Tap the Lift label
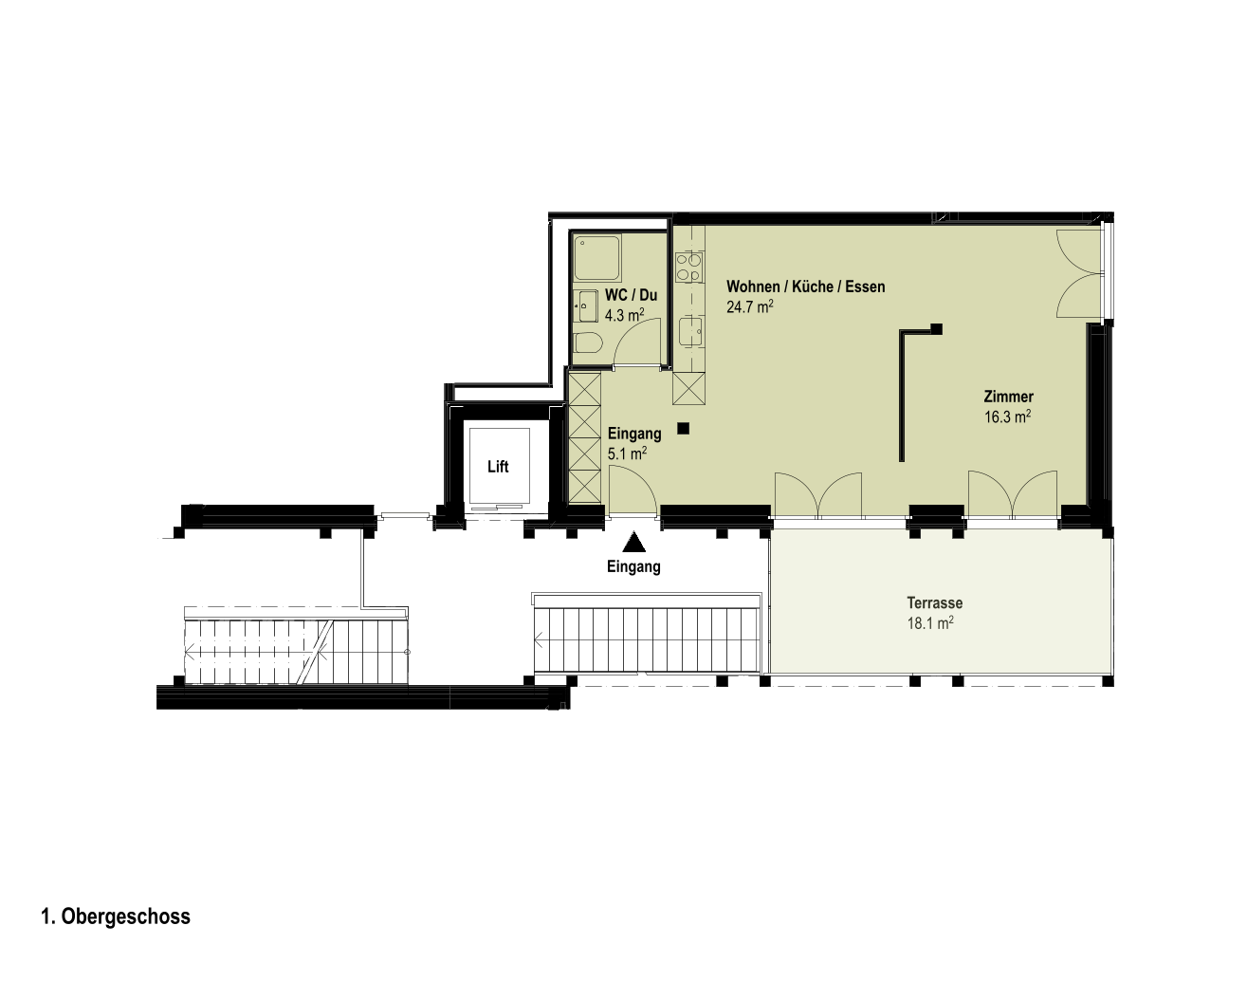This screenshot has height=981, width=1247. [x=498, y=467]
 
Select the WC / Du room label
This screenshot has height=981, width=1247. [x=631, y=295]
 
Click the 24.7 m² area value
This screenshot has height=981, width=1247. [x=750, y=306]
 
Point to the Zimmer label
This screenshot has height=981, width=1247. [x=1008, y=397]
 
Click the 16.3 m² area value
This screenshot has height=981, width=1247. [x=1008, y=416]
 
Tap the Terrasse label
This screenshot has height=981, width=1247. [x=935, y=603]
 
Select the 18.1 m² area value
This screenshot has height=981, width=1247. [x=930, y=623]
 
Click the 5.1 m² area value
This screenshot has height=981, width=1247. [x=628, y=453]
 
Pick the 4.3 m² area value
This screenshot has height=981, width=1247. [x=625, y=315]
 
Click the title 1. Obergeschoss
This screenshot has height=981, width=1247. [x=116, y=916]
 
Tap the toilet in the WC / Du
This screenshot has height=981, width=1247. [x=588, y=343]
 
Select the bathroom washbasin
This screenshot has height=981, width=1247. [x=586, y=306]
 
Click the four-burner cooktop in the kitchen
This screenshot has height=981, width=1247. [x=689, y=268]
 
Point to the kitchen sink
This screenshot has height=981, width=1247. [x=690, y=332]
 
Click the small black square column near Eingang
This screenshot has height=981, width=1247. [x=684, y=429]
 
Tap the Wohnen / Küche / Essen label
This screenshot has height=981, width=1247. [x=805, y=287]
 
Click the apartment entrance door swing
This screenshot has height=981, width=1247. [x=633, y=491]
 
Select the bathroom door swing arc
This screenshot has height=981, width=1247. [x=637, y=345]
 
